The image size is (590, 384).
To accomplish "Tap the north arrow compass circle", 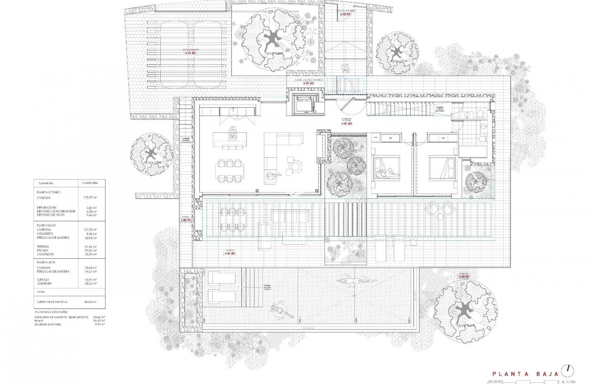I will [x=568, y=369].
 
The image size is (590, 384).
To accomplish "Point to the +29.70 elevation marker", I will [x=186, y=220].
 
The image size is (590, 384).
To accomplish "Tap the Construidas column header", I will [x=90, y=183].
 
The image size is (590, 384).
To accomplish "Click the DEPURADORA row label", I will [x=47, y=207].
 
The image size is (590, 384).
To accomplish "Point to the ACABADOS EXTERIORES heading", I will [x=51, y=312].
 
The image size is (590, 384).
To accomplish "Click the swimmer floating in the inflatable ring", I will [x=280, y=310].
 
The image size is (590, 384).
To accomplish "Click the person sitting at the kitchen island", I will [x=232, y=132].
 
